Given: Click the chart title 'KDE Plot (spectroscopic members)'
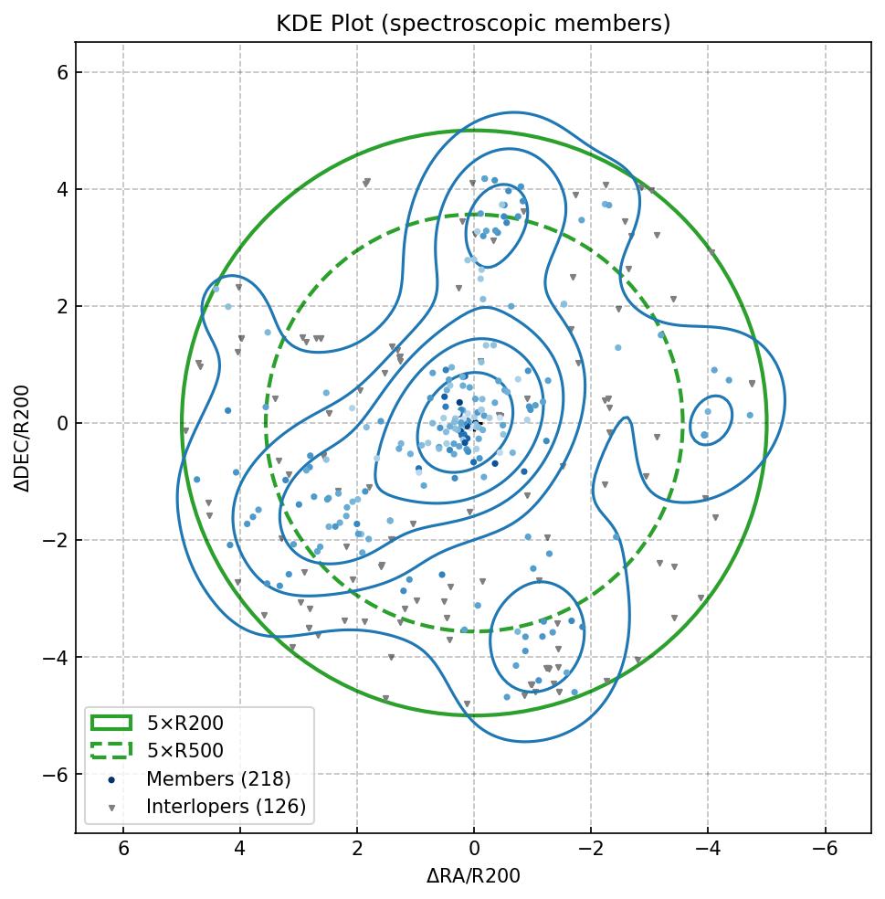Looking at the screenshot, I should point(473,24).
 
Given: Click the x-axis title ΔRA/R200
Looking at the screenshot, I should point(473,876).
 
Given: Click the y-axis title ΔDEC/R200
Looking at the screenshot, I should point(23,438).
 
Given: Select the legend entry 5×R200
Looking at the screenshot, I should point(184,724).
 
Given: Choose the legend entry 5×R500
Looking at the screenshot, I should point(184,751).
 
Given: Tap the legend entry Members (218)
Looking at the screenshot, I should point(218,779).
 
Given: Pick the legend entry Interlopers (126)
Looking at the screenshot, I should point(226,807).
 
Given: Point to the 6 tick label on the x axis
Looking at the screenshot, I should point(123,849).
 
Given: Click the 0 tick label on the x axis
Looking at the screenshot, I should point(474,849).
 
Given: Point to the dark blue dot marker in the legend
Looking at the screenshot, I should point(111,780).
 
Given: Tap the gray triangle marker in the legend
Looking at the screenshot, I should point(111,808).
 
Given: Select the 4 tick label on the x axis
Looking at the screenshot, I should point(240,849).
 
